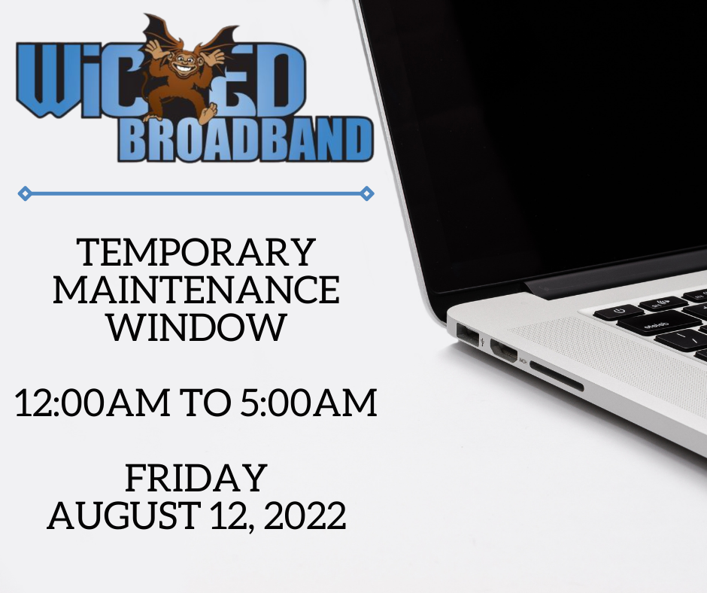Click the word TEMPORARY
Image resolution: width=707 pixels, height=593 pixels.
coord(196,252)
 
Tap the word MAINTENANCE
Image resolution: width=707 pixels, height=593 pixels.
coord(196,290)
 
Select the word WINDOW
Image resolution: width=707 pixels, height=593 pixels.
coord(196,327)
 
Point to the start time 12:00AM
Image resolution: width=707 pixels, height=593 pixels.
coord(93,402)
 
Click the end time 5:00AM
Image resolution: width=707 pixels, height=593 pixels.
coord(308,402)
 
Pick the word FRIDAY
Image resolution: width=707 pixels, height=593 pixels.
coord(196,477)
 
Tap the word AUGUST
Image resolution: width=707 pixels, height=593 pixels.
coord(124,515)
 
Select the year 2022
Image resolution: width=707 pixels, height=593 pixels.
coord(305,515)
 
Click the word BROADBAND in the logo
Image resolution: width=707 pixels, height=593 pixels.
coord(246,141)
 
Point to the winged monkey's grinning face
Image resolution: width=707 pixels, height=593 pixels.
coord(184,64)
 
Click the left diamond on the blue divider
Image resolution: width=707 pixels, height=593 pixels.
coord(25,193)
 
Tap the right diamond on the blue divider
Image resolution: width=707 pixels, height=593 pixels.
coord(367,193)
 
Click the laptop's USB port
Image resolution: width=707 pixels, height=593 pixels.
coord(468,334)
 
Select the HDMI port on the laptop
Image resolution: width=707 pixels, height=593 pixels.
coord(504,350)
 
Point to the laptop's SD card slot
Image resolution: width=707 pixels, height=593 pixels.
coord(557,376)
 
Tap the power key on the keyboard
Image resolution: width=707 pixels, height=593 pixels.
coord(618,312)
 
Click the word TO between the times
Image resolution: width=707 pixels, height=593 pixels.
coord(205,402)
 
